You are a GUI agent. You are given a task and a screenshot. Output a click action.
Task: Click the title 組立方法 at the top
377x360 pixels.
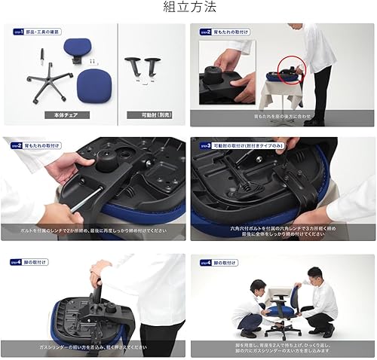click(x=189, y=8)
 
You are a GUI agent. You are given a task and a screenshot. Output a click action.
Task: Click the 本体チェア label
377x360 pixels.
click(x=62, y=115)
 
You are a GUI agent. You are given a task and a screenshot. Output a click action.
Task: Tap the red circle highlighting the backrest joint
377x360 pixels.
click(x=288, y=73)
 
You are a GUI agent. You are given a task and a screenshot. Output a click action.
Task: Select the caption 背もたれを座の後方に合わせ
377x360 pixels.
click(x=283, y=117)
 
